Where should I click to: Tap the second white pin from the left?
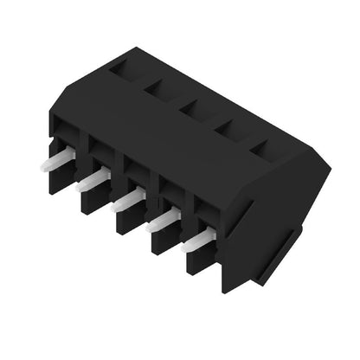click(93, 179)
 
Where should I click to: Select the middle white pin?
click(128, 199)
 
